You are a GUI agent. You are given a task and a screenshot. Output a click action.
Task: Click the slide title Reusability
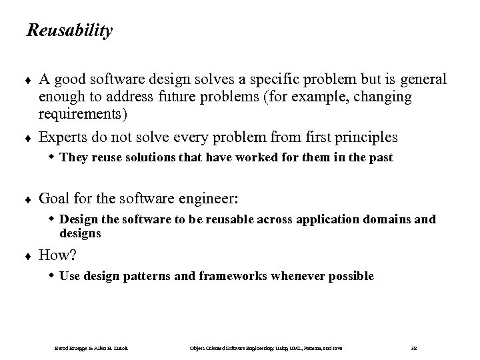[x=69, y=31]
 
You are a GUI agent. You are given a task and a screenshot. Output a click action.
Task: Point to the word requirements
[x=91, y=114]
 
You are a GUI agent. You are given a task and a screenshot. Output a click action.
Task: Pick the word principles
[x=367, y=138]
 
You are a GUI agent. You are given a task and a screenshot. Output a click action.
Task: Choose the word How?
[x=59, y=254]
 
